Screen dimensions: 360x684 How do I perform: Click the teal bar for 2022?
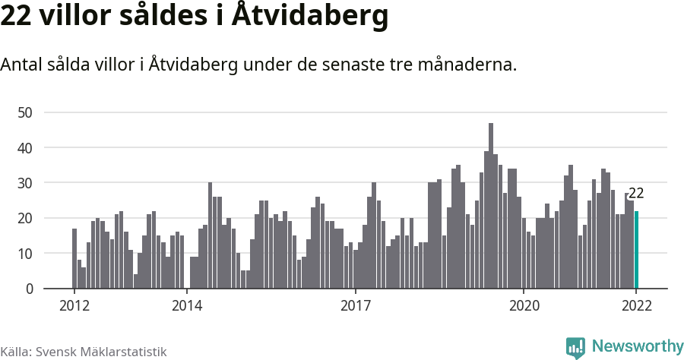click(637, 250)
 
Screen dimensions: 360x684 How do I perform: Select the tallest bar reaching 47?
click(491, 206)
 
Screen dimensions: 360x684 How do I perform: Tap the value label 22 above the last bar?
click(636, 194)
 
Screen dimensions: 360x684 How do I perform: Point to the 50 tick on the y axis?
click(27, 112)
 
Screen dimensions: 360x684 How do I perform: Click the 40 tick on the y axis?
click(27, 147)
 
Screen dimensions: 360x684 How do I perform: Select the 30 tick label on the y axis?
click(27, 183)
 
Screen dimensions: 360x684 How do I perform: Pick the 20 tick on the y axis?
click(27, 218)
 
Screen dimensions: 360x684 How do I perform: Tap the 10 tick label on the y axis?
click(27, 254)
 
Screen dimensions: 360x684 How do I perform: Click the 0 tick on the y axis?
click(30, 289)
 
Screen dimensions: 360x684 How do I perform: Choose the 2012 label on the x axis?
click(74, 306)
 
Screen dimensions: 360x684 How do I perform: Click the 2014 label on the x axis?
click(187, 306)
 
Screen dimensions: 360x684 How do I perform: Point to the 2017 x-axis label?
click(355, 306)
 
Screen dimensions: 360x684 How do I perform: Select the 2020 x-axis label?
click(524, 306)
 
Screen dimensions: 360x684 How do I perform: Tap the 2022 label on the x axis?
click(636, 306)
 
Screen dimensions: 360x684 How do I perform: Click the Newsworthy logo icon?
click(575, 347)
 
